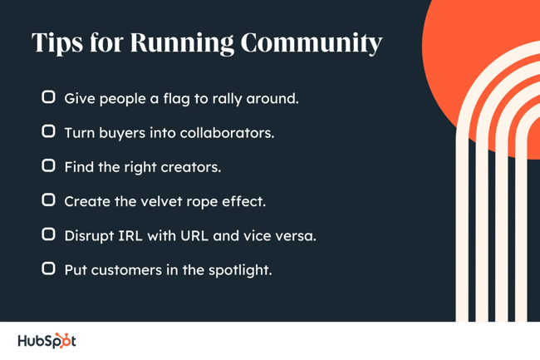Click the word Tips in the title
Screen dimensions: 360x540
(56, 43)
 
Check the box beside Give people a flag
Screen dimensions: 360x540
(49, 98)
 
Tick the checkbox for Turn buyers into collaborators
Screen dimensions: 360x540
(49, 132)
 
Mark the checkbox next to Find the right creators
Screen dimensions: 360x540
(49, 166)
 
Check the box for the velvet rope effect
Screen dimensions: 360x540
(49, 200)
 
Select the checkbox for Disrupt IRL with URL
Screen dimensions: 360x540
(49, 235)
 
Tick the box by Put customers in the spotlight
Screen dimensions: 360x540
(49, 269)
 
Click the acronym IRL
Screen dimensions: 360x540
(134, 236)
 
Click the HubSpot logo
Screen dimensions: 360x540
(47, 341)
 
